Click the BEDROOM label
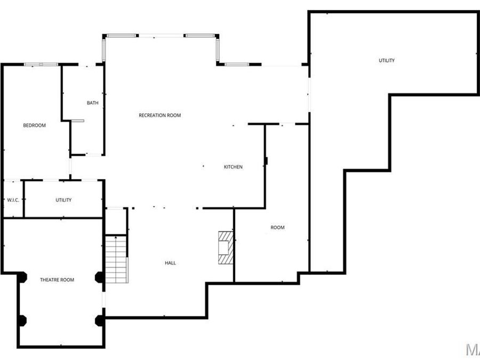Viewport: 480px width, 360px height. pos(34,125)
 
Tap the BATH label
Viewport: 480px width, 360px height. pos(93,103)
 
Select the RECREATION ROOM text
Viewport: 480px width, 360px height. pos(160,115)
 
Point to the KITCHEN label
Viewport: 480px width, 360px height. pos(233,167)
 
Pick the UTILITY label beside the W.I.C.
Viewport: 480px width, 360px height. pos(63,200)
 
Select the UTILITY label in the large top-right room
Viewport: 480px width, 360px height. pos(387,60)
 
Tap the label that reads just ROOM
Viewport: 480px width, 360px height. pos(277,228)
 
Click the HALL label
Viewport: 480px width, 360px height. pos(170,263)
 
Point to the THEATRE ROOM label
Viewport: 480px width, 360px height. pos(57,280)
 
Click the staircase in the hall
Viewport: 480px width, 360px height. pos(117,259)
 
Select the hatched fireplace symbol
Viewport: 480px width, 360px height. pos(225,247)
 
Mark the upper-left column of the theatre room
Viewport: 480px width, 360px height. pos(21,277)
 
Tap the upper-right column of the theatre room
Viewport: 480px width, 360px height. pos(99,277)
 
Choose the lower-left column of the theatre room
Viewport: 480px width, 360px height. pos(21,321)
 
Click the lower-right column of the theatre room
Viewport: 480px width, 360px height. pos(99,321)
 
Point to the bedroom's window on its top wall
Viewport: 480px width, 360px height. pos(41,65)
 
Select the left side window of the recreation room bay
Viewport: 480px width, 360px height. pos(105,50)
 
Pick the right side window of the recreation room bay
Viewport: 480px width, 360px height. pos(218,50)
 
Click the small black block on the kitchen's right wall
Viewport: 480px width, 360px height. pos(266,160)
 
